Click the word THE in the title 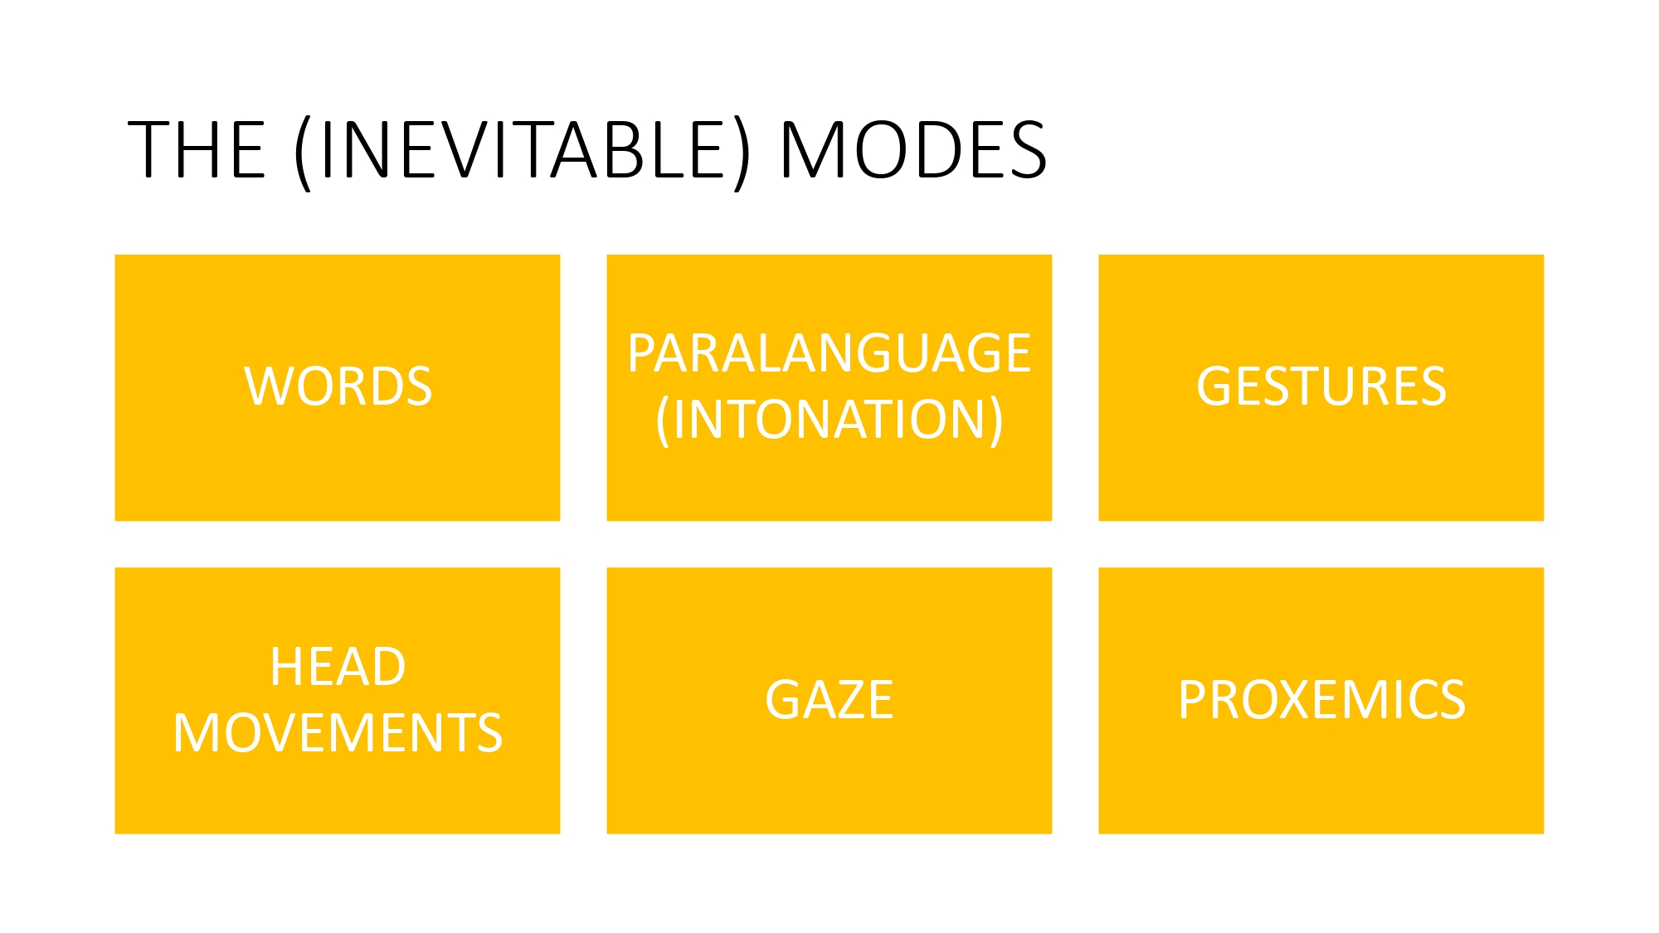coord(197,150)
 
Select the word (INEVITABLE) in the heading coord(522,153)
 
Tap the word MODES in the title coord(913,150)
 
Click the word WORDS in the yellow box coord(338,386)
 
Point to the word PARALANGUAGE coord(829,353)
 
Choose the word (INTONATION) coord(829,420)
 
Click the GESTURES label coord(1321,386)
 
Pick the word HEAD coord(338,667)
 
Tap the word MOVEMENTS coord(338,733)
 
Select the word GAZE coord(829,700)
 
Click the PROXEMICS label coord(1321,700)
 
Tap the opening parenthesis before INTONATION coord(662,421)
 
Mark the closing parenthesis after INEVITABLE coord(742,154)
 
